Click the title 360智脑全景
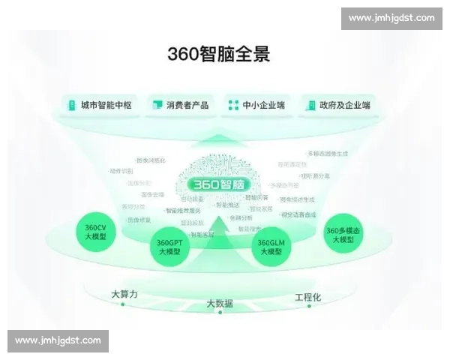(x=219, y=54)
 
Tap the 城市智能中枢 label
(x=106, y=105)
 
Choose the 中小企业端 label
(x=263, y=105)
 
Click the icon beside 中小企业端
(x=233, y=105)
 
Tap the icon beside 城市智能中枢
(x=71, y=105)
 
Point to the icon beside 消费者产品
(x=157, y=105)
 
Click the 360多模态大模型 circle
(x=343, y=235)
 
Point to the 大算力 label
(x=124, y=293)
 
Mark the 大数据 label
(x=220, y=304)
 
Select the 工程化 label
(x=307, y=297)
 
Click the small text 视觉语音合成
(x=298, y=214)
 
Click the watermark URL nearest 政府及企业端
(x=391, y=18)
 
